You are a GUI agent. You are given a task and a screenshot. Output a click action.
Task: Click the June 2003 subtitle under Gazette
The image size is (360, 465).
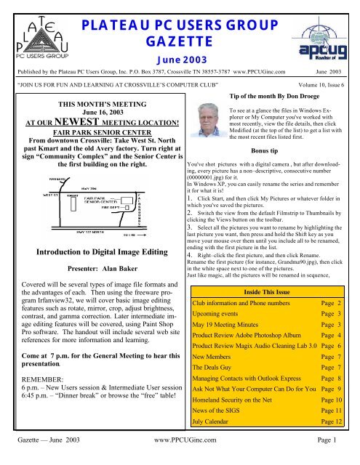pyautogui.click(x=181, y=51)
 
